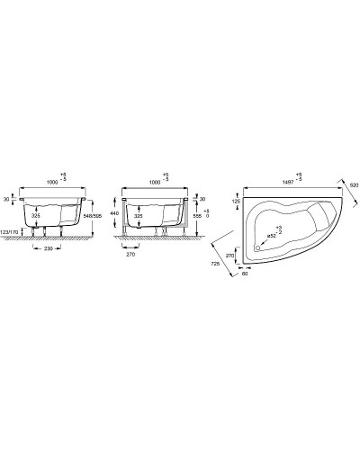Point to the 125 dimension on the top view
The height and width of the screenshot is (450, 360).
coord(236,202)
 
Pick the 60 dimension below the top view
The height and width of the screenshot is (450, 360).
coord(245,274)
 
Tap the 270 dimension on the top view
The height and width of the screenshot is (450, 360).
coord(231,255)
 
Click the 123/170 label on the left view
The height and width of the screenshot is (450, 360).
coord(12,234)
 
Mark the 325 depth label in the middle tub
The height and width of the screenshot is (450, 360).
coord(139,216)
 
